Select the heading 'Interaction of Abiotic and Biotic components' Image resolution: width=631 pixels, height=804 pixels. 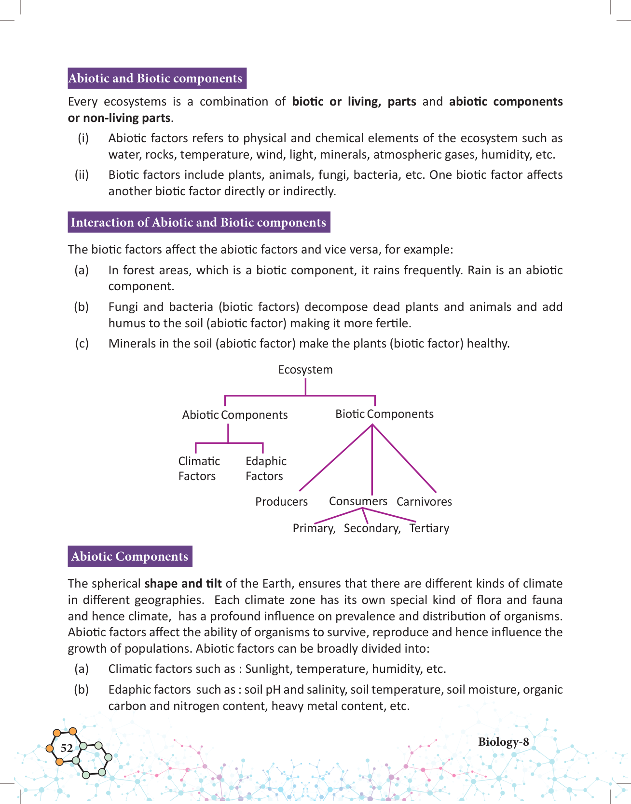(198, 222)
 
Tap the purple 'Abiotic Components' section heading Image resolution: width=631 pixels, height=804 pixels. (129, 556)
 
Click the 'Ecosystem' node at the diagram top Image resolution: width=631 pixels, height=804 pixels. (305, 370)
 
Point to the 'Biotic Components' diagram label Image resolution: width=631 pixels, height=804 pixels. (384, 414)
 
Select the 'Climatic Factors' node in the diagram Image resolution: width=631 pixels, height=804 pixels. (199, 469)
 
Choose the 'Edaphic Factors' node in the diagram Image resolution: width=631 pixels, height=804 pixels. (266, 469)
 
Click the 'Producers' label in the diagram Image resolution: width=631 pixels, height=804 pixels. (281, 502)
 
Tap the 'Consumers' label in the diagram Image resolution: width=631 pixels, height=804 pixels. (358, 501)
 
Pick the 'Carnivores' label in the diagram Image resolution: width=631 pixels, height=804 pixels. (424, 502)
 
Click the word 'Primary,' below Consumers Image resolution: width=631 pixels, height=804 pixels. (314, 528)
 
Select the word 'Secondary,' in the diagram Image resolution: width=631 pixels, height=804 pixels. (372, 528)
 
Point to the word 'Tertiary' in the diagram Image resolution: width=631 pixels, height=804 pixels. (429, 528)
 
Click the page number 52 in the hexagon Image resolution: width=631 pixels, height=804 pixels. (67, 748)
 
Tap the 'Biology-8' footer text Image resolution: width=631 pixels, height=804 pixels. (503, 742)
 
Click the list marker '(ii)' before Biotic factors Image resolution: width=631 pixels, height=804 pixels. (82, 174)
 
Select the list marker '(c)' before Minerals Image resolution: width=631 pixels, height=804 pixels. (82, 344)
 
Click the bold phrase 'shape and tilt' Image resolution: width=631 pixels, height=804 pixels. (183, 584)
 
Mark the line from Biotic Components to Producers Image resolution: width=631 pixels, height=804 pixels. (335, 458)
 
